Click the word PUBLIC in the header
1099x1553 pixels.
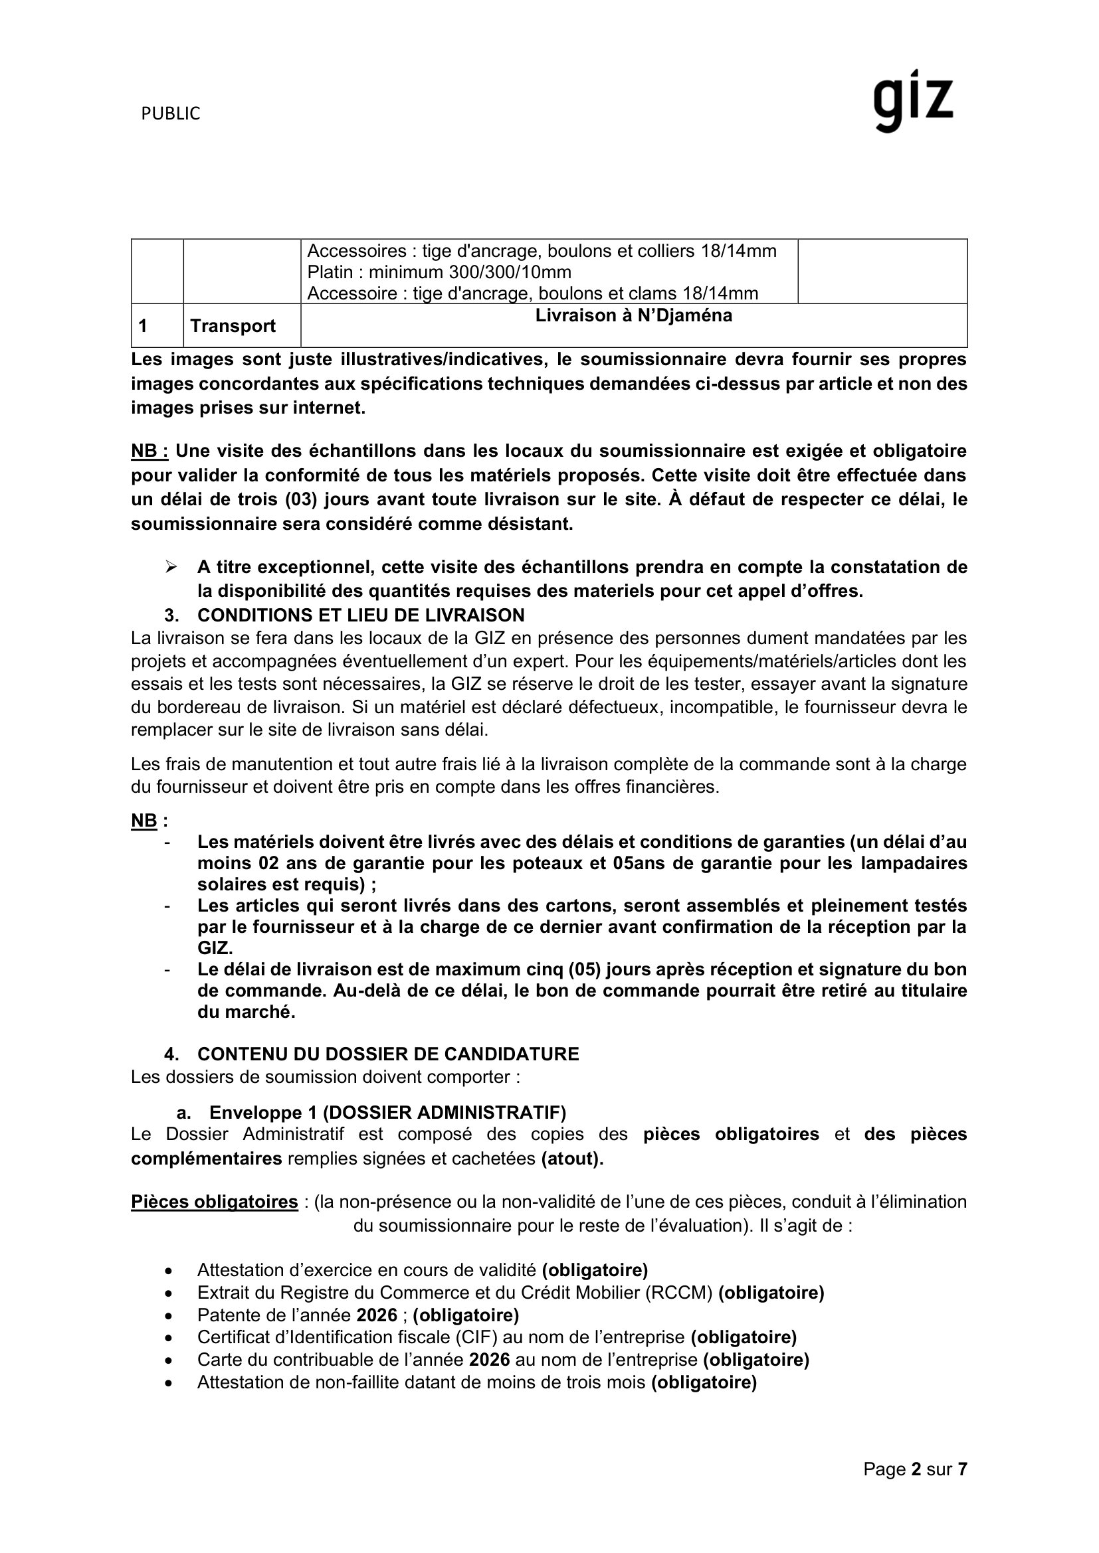point(171,114)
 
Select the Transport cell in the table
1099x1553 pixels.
point(233,326)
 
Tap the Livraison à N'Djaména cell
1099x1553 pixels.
point(633,316)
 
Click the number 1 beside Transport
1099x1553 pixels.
point(143,326)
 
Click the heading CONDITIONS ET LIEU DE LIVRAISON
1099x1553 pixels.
point(361,615)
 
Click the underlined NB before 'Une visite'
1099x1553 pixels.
point(149,451)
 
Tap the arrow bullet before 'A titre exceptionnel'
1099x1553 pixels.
point(171,566)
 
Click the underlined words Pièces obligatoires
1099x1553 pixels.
point(215,1202)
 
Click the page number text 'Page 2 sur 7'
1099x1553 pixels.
point(915,1469)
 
